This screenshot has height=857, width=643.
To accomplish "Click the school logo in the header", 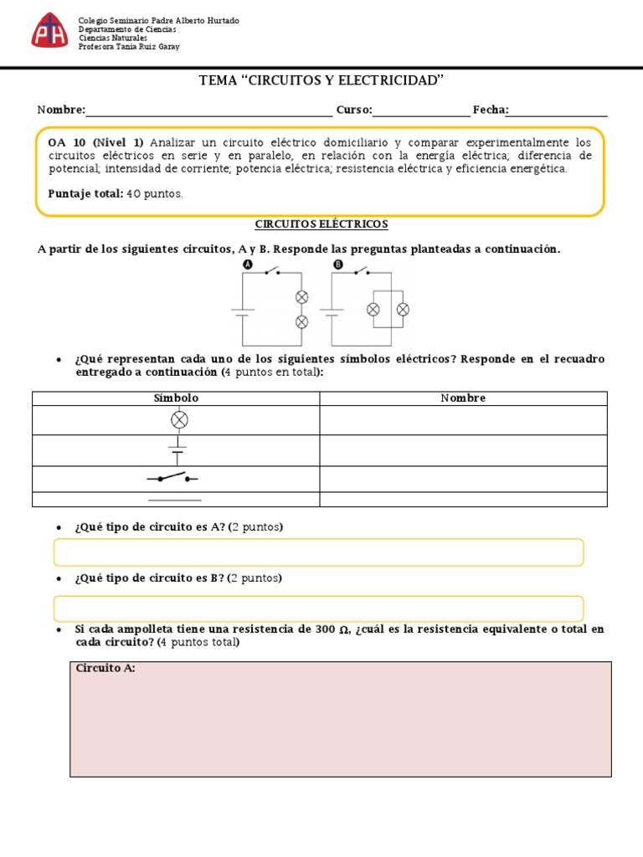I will pos(49,31).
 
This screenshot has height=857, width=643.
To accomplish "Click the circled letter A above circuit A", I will pos(247,264).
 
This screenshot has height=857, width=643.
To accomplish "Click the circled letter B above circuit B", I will pos(338,264).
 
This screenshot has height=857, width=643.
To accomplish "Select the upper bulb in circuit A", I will pos(302,297).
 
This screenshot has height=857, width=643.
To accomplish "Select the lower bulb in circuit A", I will pos(302,322).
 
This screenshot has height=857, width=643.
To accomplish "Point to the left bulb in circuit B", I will pos(373,310).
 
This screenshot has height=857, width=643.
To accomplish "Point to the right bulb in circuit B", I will pos(402,310).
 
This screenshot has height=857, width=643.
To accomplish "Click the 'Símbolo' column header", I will pos(176,398).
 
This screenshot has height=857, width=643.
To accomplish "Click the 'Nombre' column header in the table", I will pos(463,398).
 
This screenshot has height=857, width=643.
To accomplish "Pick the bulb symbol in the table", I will pos(178,419).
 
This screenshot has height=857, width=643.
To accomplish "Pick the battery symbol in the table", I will pos(177,450).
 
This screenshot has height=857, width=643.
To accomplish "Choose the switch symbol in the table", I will pos(173,478).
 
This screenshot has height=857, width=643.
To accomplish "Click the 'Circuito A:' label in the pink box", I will pos(105,668).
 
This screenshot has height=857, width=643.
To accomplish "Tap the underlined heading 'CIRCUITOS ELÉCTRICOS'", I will pos(321,224).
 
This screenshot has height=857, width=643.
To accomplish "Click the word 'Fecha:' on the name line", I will pos(491,110).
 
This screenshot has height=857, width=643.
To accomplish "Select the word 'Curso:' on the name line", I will pos(355,110).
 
